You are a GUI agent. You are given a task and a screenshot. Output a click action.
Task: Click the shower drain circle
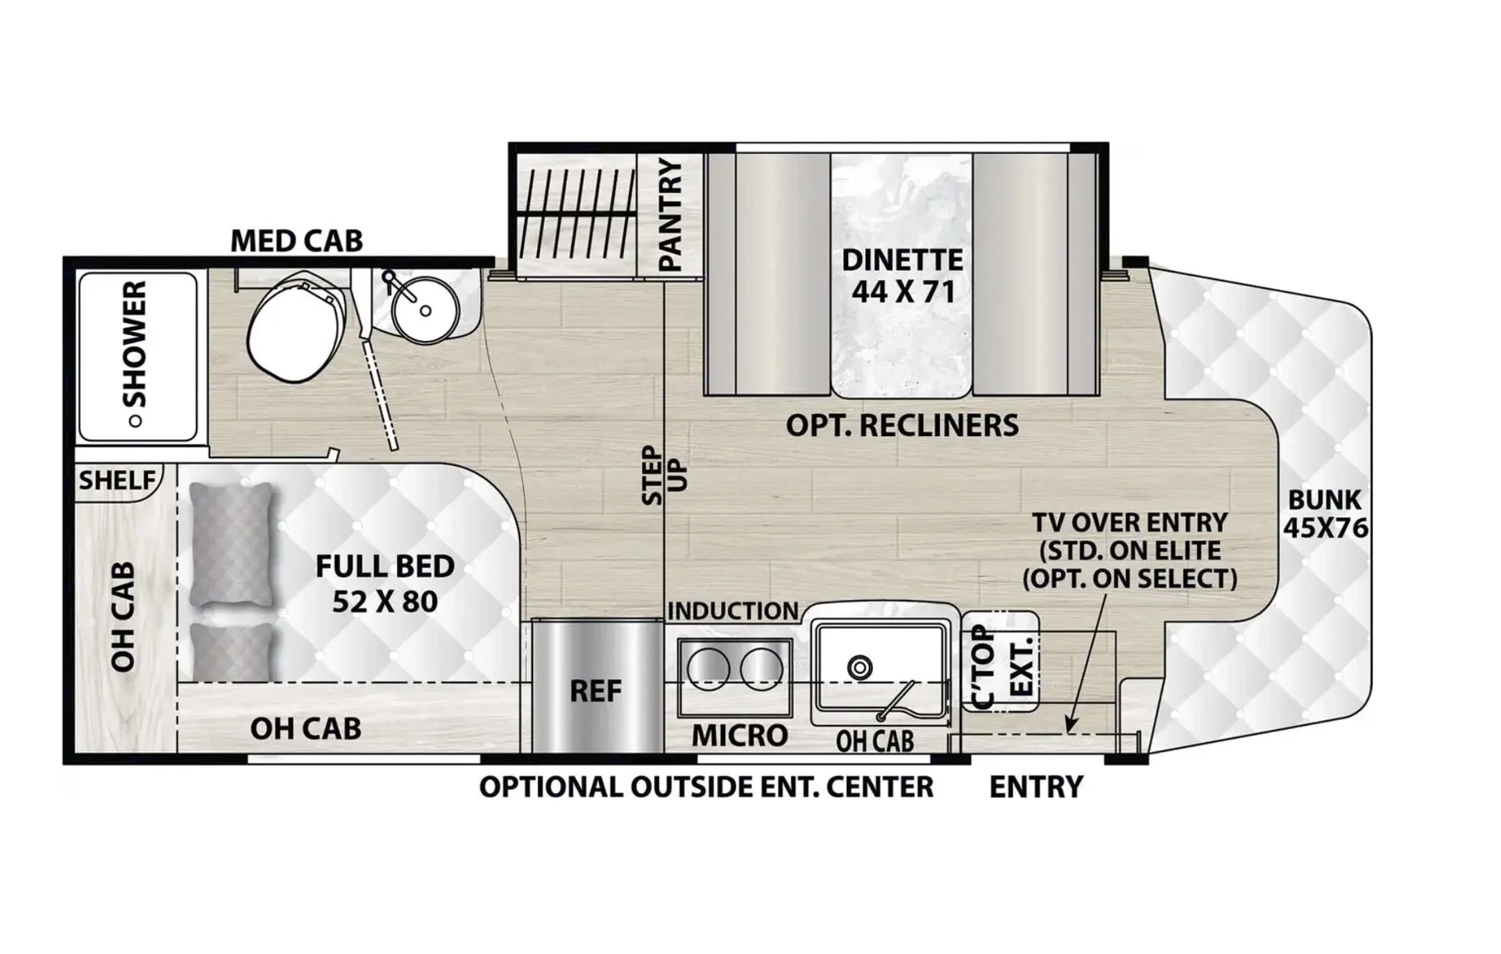click(x=136, y=421)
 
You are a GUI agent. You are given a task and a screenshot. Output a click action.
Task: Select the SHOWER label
click(x=135, y=344)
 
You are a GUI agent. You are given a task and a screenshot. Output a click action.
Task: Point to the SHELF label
click(x=117, y=480)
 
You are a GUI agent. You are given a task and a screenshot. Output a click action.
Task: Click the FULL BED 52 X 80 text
click(x=385, y=584)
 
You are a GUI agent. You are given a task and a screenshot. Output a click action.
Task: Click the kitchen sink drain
click(x=860, y=668)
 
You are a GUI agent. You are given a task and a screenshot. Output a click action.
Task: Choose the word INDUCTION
click(x=733, y=611)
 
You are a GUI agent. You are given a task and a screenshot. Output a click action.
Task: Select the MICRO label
click(x=740, y=735)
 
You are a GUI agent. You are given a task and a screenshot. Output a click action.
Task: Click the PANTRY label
click(x=670, y=215)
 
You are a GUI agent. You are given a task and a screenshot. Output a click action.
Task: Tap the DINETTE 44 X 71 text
click(x=902, y=276)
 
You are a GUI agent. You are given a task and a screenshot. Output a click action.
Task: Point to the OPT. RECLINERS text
click(x=902, y=426)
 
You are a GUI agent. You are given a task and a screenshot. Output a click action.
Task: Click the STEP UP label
click(x=663, y=475)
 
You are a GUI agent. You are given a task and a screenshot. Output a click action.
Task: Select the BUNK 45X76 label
click(x=1325, y=514)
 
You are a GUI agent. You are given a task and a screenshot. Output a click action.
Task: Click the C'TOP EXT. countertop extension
click(x=1000, y=662)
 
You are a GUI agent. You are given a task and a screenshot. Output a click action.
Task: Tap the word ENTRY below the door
click(x=1035, y=787)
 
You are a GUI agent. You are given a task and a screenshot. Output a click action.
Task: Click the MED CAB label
click(x=296, y=242)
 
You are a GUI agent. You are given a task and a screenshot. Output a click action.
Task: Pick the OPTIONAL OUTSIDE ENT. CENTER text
click(x=706, y=787)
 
